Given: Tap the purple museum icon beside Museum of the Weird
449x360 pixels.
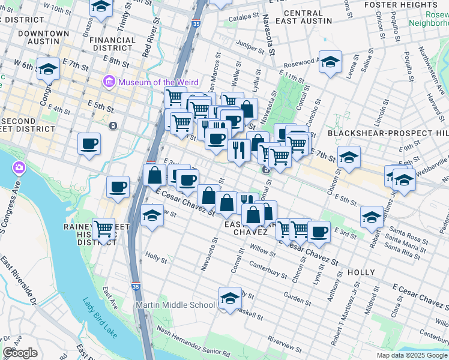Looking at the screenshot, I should coord(109,82).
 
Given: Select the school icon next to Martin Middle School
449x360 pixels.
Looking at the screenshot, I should coord(228,298).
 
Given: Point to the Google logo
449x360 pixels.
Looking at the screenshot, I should coord(20,352).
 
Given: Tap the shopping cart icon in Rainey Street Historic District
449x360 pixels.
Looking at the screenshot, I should coord(104,229).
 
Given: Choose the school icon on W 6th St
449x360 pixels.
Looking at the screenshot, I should coord(47,69).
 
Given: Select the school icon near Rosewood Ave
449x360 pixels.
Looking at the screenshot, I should coord(330,62).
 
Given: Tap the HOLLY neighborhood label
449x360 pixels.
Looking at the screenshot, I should coord(361,272).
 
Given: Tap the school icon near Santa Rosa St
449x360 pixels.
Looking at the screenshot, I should coord(372,217).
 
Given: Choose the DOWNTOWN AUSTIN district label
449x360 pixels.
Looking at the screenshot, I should coord(43,34).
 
